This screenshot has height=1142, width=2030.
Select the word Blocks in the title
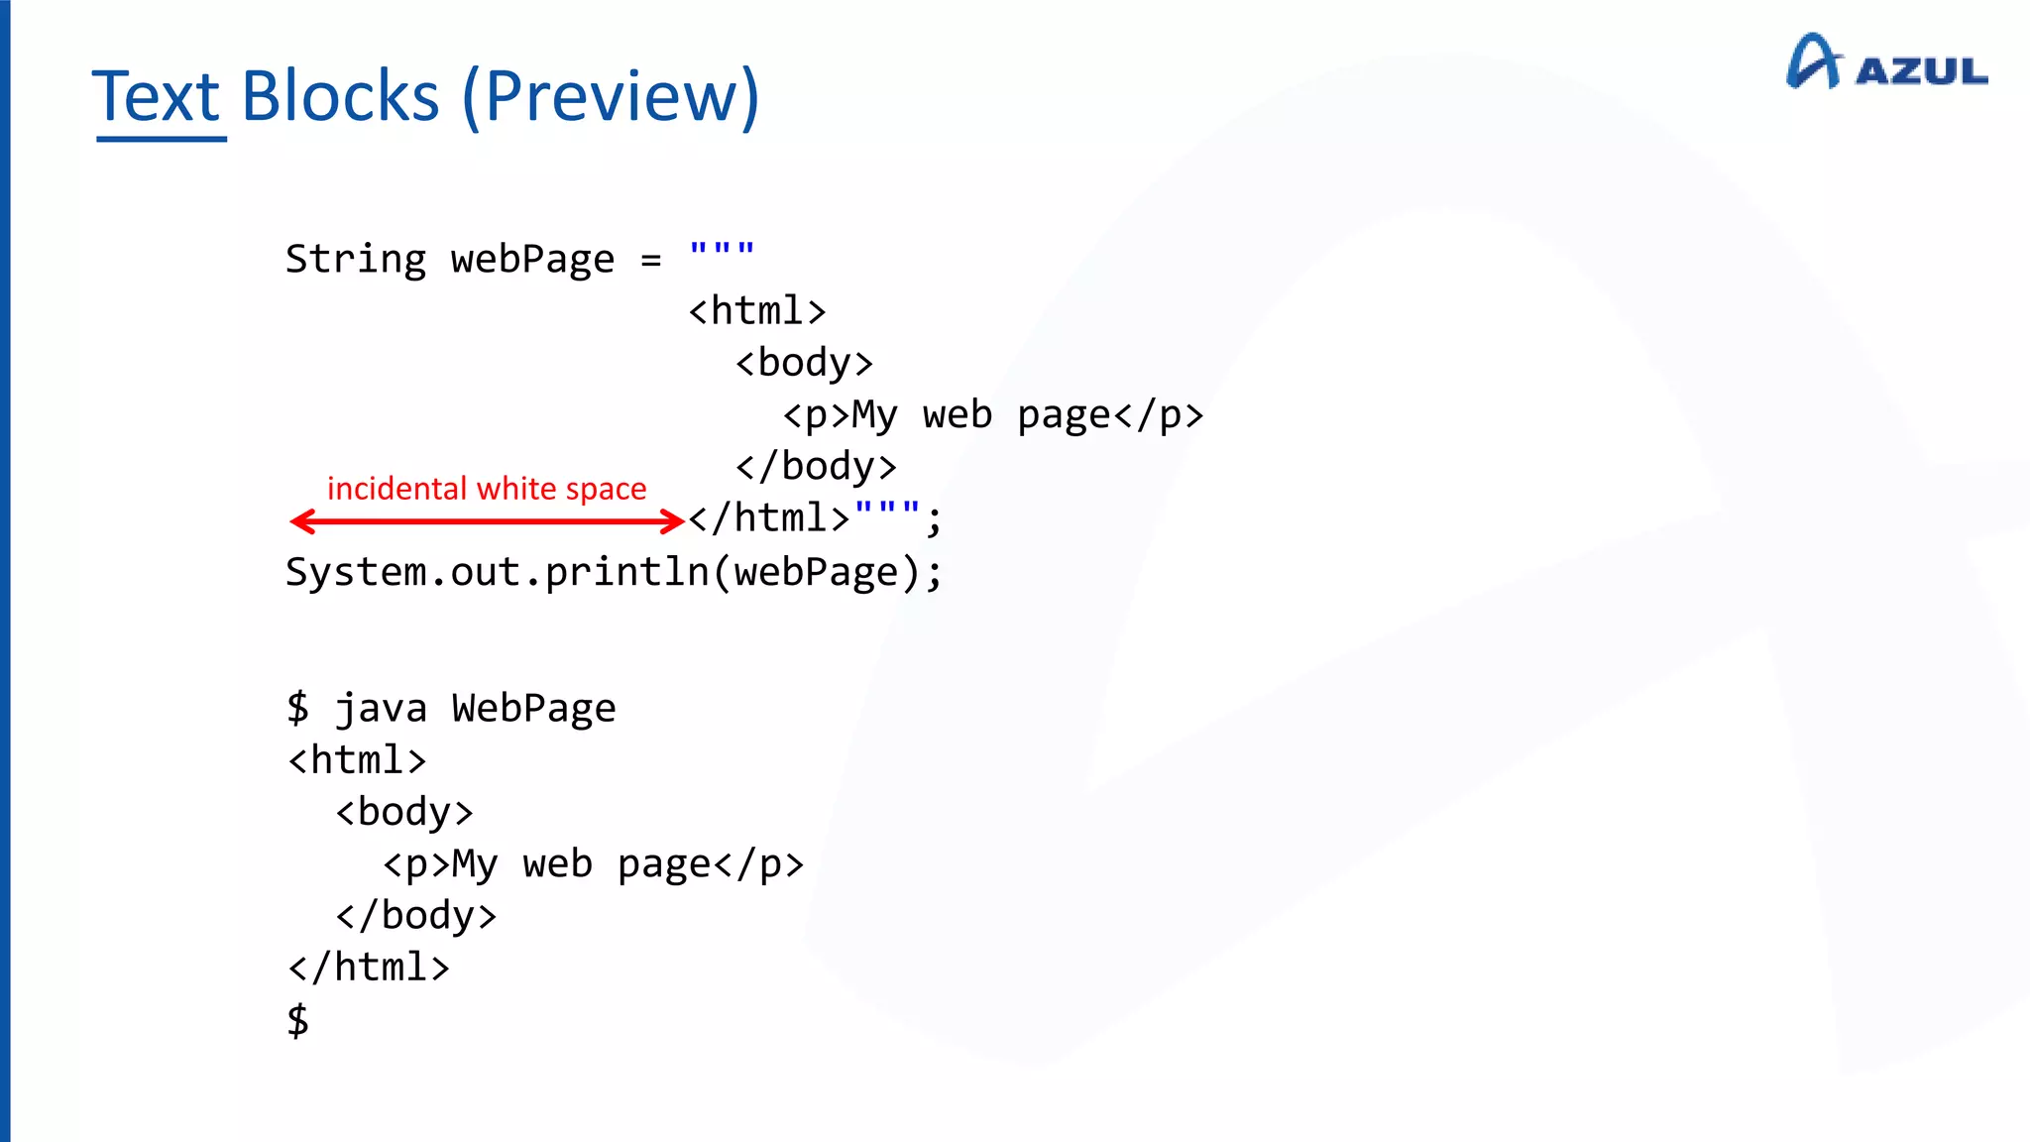340,97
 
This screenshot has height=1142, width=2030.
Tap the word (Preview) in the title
611,97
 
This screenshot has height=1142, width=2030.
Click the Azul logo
1886,63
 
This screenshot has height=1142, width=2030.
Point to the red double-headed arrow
487,521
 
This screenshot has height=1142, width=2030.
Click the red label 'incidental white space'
487,489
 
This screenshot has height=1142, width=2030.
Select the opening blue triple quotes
722,249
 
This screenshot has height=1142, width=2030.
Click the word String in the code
356,260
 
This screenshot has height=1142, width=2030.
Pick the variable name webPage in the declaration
532,260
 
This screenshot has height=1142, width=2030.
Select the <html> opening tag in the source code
757,311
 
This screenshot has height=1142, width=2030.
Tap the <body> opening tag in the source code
804,363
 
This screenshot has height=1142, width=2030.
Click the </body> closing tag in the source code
816,466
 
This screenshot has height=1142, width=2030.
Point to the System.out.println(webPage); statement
614,573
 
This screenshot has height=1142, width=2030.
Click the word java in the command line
381,709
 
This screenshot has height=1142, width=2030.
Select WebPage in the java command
533,709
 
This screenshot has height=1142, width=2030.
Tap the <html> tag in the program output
357,760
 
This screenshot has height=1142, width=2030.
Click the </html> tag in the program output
369,968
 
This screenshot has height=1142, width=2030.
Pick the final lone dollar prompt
297,1020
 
